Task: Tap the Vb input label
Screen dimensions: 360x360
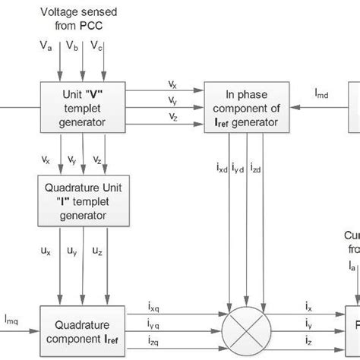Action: [73, 47]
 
